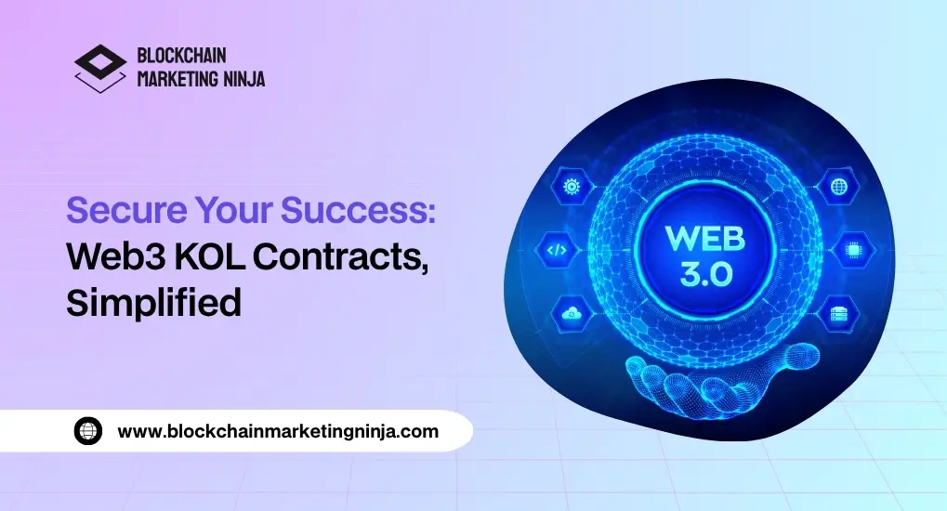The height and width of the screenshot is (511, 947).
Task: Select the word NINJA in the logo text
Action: tap(244, 79)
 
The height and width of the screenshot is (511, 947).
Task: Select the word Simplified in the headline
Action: tap(153, 304)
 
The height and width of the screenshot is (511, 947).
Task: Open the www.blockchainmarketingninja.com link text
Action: tap(278, 431)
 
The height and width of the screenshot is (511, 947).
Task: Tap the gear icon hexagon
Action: tap(572, 187)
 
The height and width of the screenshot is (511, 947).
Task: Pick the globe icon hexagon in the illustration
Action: tap(837, 187)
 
